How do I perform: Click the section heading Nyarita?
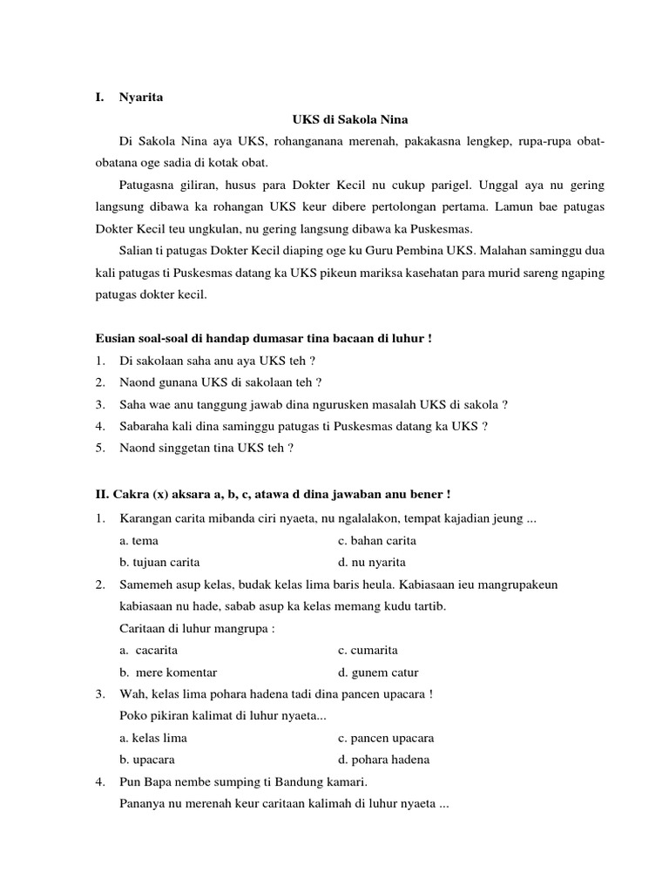coord(141,98)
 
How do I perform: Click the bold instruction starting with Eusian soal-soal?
coord(264,338)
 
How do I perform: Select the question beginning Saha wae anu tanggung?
coord(314,404)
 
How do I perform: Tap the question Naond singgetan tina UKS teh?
coord(207,448)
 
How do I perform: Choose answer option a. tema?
coord(139,540)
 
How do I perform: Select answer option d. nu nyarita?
coord(372,562)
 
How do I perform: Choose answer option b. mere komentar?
coord(169,672)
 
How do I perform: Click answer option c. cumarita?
coord(368,650)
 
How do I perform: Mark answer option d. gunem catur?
coord(378,672)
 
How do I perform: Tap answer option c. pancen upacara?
coord(386,738)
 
